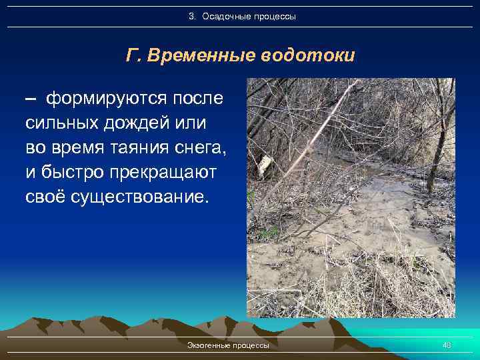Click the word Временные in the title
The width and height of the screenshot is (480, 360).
[x=199, y=55]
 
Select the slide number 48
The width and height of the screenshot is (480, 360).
[x=447, y=345]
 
